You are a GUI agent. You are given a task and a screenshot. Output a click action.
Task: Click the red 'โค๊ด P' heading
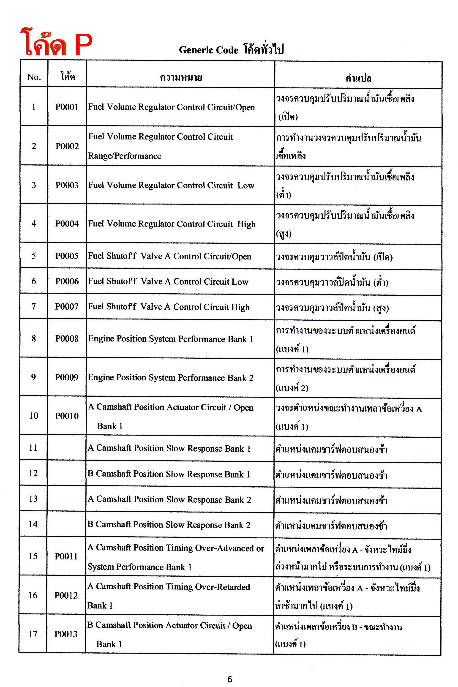pos(56,43)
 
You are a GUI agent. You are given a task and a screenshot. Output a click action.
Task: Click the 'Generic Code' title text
pos(209,50)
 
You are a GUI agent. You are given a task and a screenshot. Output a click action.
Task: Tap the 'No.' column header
pos(34,77)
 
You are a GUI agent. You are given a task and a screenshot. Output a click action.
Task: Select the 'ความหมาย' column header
pos(181,77)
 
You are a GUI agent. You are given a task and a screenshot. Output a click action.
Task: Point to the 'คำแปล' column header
pos(358,78)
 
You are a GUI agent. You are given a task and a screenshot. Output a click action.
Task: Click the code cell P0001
pos(67,107)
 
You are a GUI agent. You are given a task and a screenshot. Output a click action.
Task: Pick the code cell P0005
pos(67,256)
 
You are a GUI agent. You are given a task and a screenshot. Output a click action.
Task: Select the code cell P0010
pos(67,416)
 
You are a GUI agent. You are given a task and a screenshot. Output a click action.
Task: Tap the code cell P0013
pos(66,634)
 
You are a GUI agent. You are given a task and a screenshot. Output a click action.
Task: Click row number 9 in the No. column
pos(34,377)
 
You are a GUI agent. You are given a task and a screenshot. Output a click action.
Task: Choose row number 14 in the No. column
pos(33,524)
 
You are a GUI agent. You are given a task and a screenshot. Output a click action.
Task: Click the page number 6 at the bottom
pos(230,679)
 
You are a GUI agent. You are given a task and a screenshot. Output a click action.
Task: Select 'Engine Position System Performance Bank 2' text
pos(171,378)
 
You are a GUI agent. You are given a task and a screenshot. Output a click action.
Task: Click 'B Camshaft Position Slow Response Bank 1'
pos(169,474)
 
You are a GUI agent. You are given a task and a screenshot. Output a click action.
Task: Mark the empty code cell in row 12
pos(66,474)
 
